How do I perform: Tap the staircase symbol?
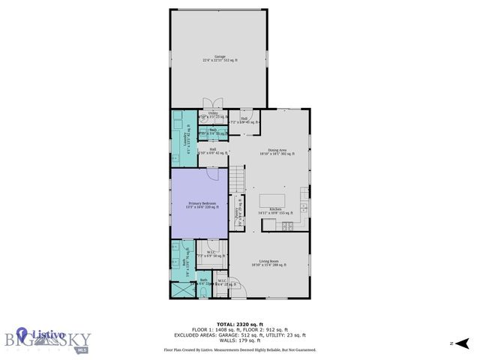pos(238,179)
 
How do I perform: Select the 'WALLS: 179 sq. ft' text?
pos(239,341)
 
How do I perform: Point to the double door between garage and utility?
pos(214,104)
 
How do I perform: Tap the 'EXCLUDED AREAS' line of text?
pos(239,334)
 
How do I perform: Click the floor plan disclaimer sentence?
pos(239,349)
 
